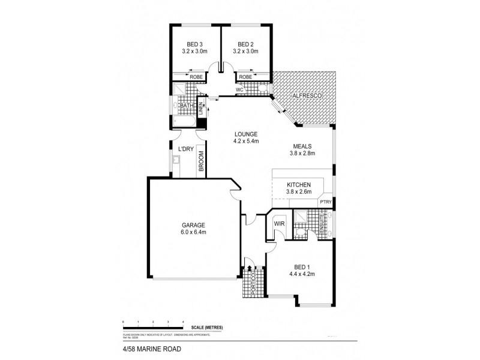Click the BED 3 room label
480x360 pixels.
[194, 44]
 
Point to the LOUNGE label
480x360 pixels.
[246, 134]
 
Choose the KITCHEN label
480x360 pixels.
[298, 184]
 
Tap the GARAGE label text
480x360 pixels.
[194, 225]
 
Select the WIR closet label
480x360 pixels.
[278, 224]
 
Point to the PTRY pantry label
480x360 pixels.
[325, 203]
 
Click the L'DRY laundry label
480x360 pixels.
[184, 149]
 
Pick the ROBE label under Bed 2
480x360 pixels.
[245, 77]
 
